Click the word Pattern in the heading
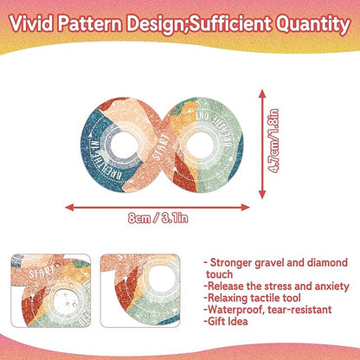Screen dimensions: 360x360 (x=98, y=19)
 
